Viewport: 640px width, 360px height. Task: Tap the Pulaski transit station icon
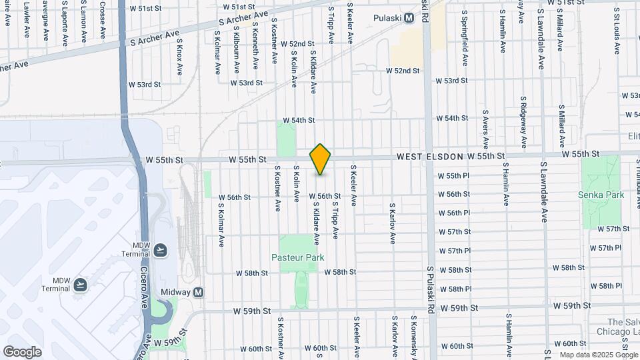(408, 18)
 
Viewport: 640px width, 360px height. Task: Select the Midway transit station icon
(198, 293)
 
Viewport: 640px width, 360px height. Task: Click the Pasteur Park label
(297, 257)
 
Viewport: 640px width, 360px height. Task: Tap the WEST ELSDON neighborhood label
(430, 156)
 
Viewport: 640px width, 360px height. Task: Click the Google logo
(22, 351)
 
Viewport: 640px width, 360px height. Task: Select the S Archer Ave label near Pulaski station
(243, 19)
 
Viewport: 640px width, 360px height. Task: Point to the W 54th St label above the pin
(298, 121)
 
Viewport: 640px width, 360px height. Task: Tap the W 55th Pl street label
(454, 176)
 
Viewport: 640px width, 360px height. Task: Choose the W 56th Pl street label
(454, 213)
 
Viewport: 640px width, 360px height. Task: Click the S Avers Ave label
(485, 127)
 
